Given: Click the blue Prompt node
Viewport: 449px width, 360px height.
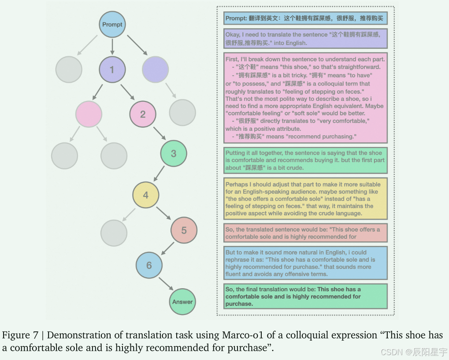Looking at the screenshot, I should [112, 25].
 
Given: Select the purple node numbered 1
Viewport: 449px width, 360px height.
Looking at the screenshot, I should [112, 69].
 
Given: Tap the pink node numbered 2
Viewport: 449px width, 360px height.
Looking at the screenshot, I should [143, 114].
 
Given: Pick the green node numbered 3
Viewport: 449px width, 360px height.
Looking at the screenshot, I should [173, 153].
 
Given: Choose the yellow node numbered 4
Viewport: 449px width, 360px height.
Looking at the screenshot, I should [146, 195].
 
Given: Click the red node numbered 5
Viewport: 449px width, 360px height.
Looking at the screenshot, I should [184, 230].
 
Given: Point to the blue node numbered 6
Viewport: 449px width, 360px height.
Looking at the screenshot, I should [149, 265].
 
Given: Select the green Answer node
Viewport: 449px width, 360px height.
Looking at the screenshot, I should [182, 302].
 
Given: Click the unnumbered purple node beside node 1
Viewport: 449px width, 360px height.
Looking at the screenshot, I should [156, 69].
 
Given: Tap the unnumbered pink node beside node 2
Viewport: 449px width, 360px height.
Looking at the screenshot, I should [89, 114].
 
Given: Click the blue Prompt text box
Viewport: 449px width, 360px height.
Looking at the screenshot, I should [305, 19].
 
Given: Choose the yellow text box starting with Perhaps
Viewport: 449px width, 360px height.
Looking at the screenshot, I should [305, 198].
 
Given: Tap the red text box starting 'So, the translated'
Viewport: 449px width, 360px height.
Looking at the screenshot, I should [305, 233].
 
